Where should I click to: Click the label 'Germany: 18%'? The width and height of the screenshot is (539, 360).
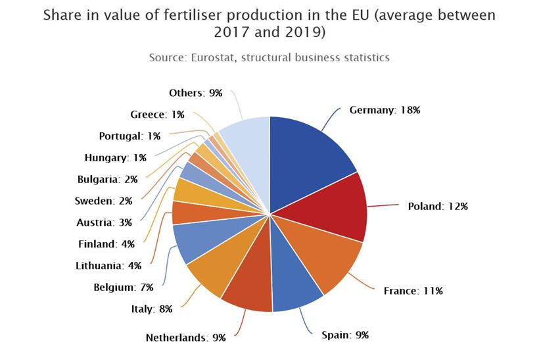click(x=385, y=110)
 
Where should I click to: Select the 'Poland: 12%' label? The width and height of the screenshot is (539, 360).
click(x=438, y=206)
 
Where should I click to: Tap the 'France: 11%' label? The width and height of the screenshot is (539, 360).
click(x=413, y=290)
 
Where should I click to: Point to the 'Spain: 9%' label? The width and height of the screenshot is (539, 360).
click(x=345, y=335)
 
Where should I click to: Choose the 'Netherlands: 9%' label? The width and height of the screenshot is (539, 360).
click(x=185, y=338)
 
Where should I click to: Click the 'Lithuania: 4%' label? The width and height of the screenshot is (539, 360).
click(x=108, y=266)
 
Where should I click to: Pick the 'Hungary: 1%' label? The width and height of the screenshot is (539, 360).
click(x=116, y=157)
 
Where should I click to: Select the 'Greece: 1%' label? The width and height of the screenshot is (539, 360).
click(x=157, y=115)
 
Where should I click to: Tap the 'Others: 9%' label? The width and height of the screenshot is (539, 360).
click(x=195, y=93)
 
